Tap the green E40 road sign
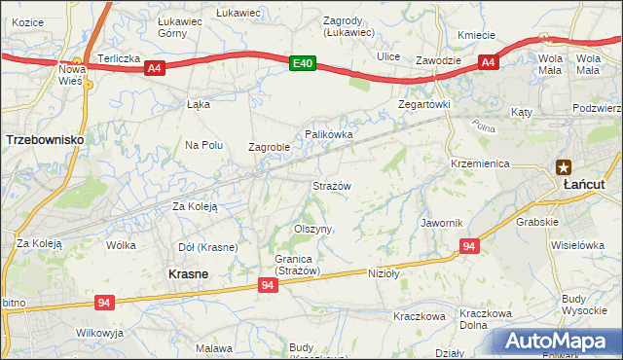304,63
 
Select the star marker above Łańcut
564,166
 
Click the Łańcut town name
586,183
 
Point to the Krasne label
188,274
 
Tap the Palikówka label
328,133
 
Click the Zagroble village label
269,148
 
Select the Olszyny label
313,229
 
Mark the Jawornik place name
441,223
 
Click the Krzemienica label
481,163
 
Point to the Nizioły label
385,273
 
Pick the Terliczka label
116,57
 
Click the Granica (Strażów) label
283,265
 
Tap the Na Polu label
204,145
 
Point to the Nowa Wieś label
72,75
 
